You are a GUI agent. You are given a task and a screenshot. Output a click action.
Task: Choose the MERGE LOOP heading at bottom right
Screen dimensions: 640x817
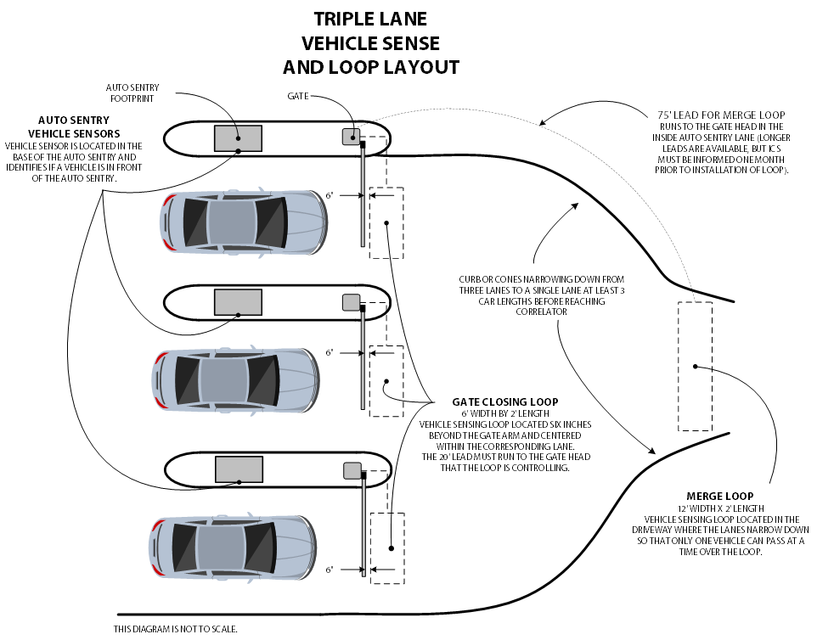[x=719, y=496]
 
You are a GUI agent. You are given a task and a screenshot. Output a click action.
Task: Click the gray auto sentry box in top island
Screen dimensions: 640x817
[x=238, y=138]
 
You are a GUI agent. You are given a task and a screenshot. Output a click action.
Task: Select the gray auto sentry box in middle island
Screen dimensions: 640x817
[x=238, y=301]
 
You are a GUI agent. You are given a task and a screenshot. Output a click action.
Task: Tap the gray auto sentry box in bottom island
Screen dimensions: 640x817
[x=239, y=469]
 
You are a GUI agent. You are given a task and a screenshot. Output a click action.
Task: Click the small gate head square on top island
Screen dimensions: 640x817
[x=351, y=136]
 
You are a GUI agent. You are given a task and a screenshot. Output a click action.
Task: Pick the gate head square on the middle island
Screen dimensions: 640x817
[x=351, y=301]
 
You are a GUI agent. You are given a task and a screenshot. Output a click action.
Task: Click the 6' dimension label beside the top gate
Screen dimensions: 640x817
[x=330, y=196]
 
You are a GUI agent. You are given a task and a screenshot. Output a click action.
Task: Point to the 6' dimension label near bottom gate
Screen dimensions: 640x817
[x=330, y=569]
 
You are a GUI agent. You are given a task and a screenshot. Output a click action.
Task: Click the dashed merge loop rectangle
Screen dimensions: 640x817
[x=695, y=366]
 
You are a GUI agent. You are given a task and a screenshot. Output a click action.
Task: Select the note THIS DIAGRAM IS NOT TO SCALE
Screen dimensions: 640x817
[x=176, y=629]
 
